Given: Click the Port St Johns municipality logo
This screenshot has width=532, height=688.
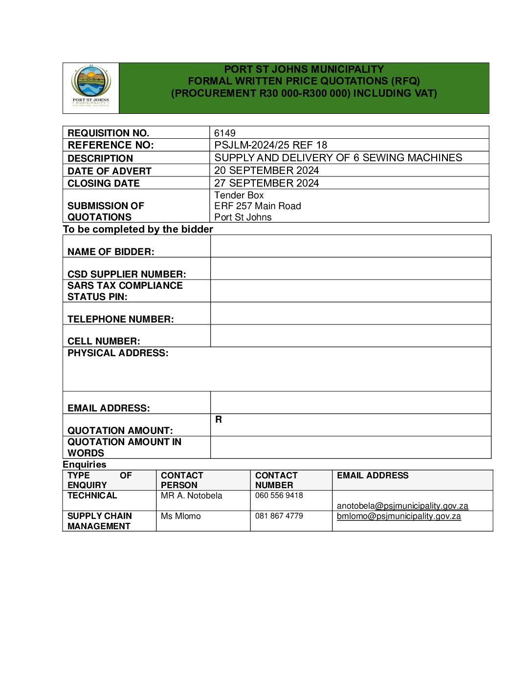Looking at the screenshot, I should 91,87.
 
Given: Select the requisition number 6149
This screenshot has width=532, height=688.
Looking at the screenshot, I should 225,133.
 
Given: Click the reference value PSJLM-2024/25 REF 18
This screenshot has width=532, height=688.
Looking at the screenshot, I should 270,145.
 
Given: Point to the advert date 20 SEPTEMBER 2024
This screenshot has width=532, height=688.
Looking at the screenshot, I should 266,171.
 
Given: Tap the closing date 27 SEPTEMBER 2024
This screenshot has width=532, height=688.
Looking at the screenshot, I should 266,183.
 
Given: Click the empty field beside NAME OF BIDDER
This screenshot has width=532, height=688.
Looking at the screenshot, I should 350,246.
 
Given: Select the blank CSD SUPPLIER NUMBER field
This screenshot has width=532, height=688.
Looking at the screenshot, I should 350,269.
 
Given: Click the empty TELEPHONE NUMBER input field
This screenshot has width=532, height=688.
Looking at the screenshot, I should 350,314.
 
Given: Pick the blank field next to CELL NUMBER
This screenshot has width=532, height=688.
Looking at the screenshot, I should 350,336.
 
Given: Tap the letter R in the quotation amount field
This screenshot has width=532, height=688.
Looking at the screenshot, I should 219,420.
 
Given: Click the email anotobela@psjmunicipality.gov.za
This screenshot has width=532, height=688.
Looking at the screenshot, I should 402,506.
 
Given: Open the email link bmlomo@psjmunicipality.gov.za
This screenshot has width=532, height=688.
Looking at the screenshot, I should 399,516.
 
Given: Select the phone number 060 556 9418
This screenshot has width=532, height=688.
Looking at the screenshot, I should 279,495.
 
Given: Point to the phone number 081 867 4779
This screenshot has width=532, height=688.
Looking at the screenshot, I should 279,516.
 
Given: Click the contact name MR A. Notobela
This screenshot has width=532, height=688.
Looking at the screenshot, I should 191,495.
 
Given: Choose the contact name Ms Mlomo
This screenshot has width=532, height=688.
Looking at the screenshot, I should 180,516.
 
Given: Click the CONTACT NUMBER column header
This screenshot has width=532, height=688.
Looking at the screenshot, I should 276,480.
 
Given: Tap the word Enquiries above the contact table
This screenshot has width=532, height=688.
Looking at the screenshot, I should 85,465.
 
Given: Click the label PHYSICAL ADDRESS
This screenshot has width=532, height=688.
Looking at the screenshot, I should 118,353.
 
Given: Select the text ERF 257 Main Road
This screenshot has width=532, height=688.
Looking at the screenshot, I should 258,206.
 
